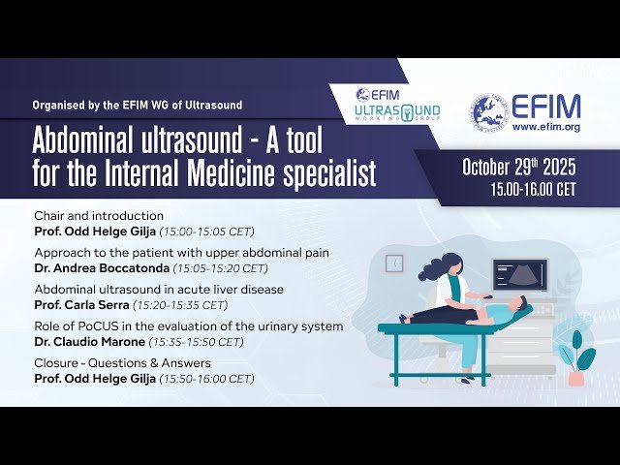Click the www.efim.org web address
(x=546, y=126)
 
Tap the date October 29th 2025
(x=519, y=166)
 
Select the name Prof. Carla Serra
(x=77, y=304)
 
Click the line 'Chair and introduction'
(x=99, y=215)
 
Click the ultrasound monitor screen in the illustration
(x=519, y=274)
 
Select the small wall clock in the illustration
(x=394, y=263)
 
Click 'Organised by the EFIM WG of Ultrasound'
(x=137, y=105)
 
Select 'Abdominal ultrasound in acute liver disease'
(x=159, y=290)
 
